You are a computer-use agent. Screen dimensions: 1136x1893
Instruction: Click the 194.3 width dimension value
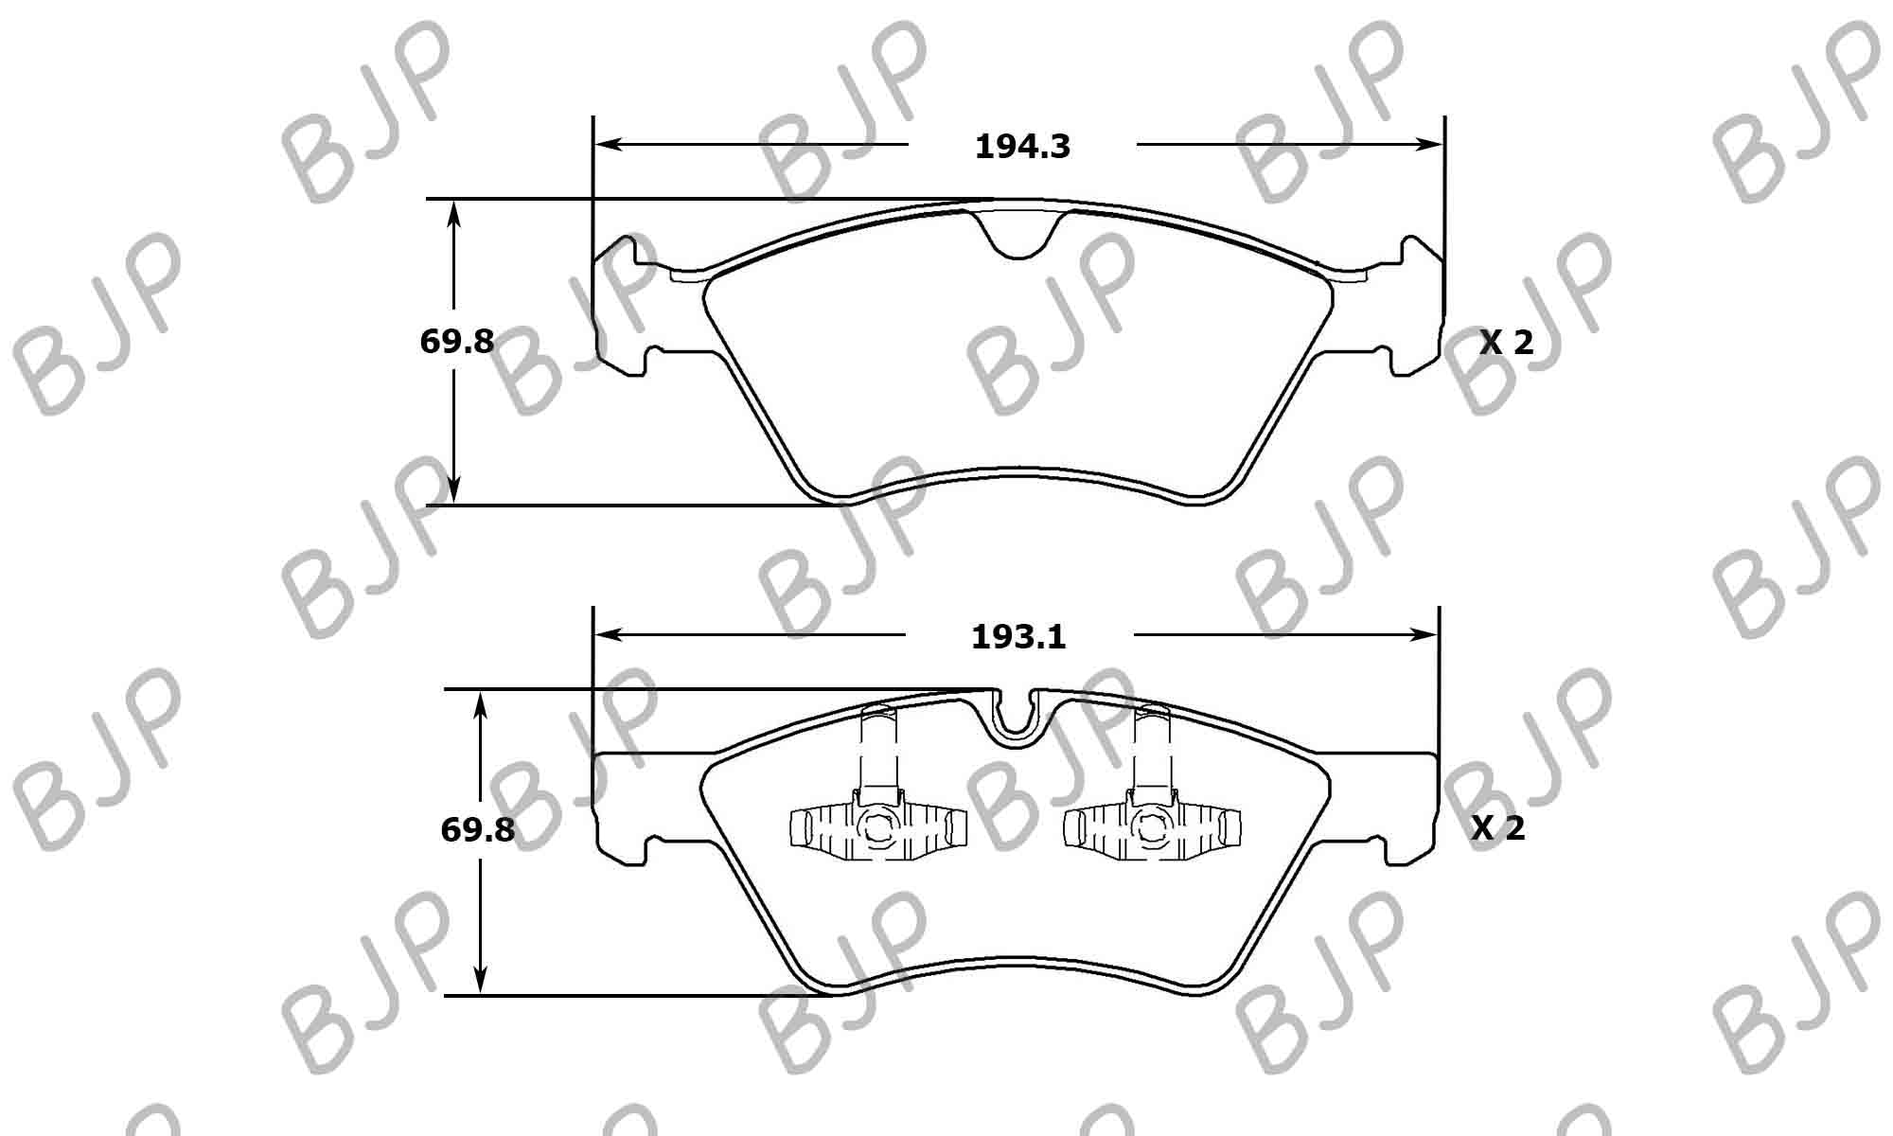[1022, 147]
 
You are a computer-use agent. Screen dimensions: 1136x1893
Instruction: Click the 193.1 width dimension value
[1018, 637]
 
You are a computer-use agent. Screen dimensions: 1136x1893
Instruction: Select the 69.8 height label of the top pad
[456, 342]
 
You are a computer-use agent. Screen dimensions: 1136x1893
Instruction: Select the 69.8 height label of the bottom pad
[477, 830]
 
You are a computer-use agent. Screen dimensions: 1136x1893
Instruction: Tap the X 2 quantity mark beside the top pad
[1506, 343]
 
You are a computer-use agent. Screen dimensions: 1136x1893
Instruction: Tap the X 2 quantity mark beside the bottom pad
[1498, 829]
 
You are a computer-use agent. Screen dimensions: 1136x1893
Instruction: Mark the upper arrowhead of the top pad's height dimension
[454, 213]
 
